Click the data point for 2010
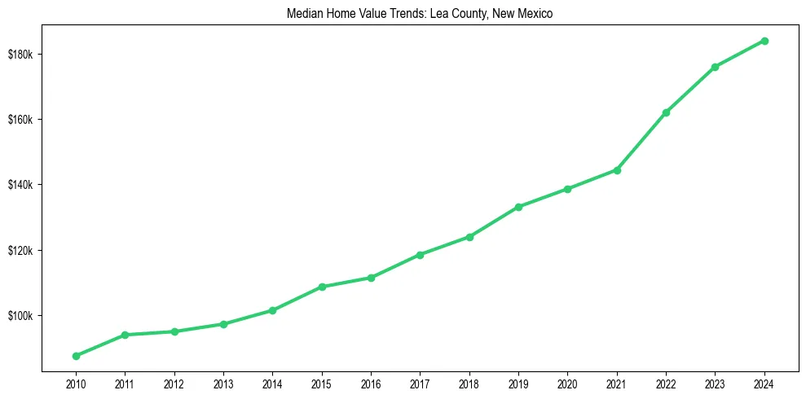point(76,356)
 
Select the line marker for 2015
point(322,287)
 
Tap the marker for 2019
point(518,207)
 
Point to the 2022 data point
point(666,112)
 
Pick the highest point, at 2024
point(764,41)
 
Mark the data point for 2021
point(617,170)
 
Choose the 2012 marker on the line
point(174,331)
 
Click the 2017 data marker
point(420,255)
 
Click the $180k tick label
point(20,55)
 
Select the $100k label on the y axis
point(20,316)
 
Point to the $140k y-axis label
point(20,185)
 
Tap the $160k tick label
point(20,120)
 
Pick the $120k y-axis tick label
point(20,251)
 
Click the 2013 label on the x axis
point(223,383)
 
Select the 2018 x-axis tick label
point(469,383)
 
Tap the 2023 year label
point(715,383)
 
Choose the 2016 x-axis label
point(371,383)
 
